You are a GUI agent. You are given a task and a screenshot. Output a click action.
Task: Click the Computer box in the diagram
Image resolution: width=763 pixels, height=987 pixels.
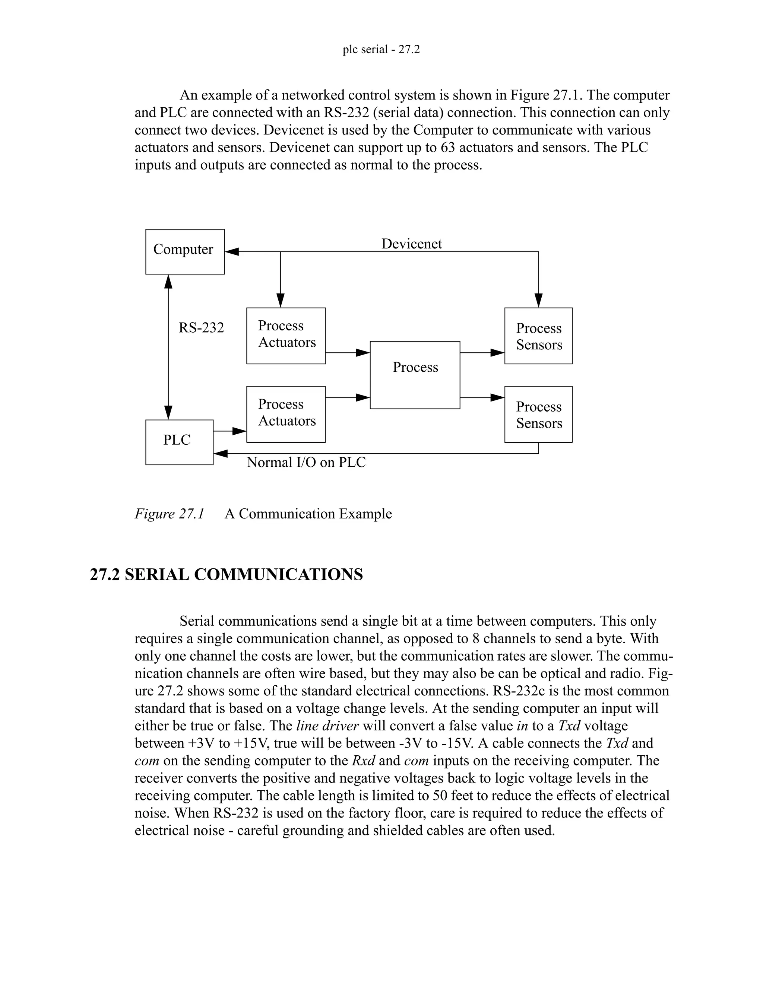point(185,251)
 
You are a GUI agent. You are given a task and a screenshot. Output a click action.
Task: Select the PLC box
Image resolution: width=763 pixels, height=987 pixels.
point(179,442)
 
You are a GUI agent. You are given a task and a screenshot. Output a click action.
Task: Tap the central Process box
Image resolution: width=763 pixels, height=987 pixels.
point(415,375)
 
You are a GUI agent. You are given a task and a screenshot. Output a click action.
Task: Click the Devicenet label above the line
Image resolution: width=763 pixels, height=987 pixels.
point(411,244)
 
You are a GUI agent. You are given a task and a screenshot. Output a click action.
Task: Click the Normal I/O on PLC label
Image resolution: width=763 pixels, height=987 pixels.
point(306,462)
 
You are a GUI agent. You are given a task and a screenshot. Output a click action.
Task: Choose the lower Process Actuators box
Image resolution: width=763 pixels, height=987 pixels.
point(286,414)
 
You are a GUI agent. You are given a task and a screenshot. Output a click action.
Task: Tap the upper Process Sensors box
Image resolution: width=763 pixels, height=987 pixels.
point(538,336)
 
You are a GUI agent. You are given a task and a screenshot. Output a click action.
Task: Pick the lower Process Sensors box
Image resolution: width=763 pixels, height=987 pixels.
point(538,414)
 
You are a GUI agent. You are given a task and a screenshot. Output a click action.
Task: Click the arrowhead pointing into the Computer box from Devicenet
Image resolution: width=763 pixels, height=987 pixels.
point(232,252)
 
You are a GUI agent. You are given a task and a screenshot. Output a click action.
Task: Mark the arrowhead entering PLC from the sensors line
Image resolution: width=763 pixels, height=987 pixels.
point(220,453)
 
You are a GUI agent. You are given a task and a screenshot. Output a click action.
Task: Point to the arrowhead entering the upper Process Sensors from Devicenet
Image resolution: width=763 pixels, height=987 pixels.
point(538,300)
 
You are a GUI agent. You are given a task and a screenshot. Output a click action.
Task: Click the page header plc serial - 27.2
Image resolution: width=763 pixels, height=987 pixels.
point(381,49)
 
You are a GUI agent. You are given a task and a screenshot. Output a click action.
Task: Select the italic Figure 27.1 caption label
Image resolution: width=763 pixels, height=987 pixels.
point(170,514)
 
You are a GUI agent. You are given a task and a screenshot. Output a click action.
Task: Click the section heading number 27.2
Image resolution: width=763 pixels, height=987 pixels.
point(105,575)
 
